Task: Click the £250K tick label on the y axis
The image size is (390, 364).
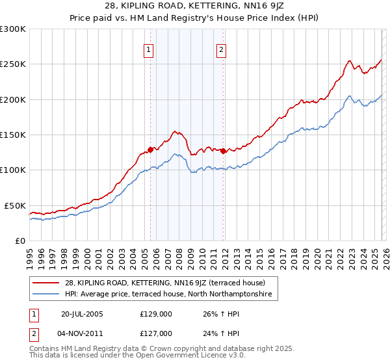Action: [13, 64]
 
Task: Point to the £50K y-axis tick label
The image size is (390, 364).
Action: [16, 205]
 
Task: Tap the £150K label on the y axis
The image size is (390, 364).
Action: [13, 135]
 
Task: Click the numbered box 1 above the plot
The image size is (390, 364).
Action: [149, 49]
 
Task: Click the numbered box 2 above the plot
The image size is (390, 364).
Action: [221, 49]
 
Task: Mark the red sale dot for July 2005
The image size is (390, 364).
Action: [150, 149]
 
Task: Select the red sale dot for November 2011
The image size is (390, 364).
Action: [223, 151]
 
